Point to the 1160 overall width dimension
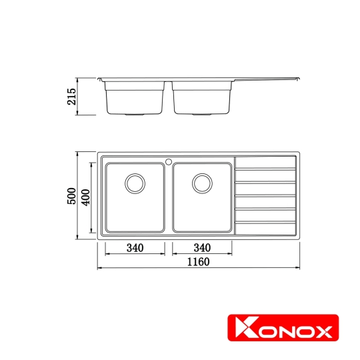(x=198, y=261)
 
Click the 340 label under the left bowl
(x=135, y=248)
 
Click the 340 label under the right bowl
(x=202, y=248)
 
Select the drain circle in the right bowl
(x=202, y=182)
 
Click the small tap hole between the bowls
(x=169, y=161)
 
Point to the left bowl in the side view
(x=135, y=97)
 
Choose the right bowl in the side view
(x=202, y=97)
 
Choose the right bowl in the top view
(x=202, y=197)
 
